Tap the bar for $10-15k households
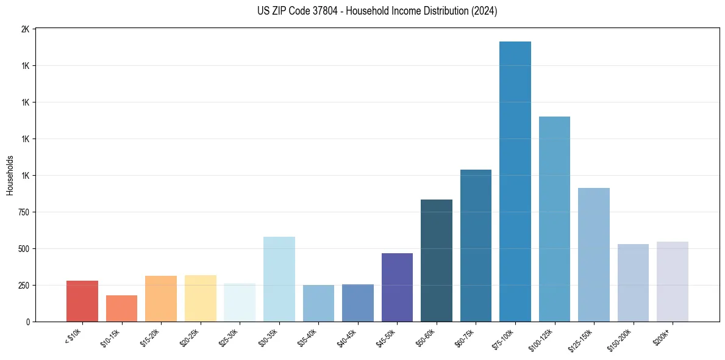click(x=121, y=308)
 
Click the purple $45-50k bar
click(x=397, y=287)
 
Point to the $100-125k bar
click(x=554, y=219)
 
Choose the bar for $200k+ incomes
click(x=672, y=281)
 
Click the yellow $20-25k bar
click(x=200, y=298)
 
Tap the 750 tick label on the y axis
click(x=23, y=212)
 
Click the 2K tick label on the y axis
click(x=26, y=29)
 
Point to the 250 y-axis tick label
click(x=23, y=286)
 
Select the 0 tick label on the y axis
click(x=28, y=322)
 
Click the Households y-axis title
click(x=10, y=175)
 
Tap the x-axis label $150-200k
click(x=620, y=339)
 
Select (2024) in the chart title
click(x=484, y=11)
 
